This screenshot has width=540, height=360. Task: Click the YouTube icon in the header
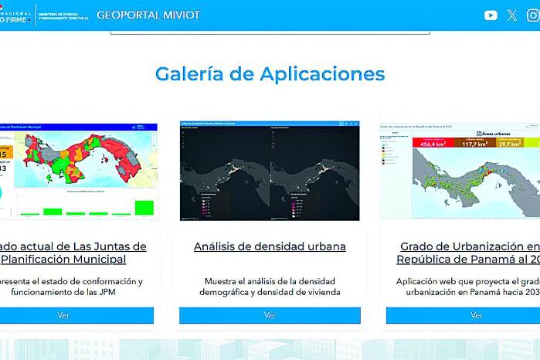tap(491, 15)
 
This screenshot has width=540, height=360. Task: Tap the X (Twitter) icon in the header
tap(511, 15)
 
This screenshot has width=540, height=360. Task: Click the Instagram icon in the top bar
tap(532, 15)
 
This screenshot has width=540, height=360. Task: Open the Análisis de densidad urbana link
tap(270, 246)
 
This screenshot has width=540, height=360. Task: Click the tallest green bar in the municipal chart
tap(144, 207)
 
